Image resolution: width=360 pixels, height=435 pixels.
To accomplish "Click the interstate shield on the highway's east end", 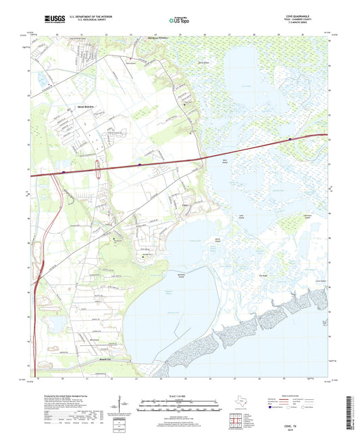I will [290, 140].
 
